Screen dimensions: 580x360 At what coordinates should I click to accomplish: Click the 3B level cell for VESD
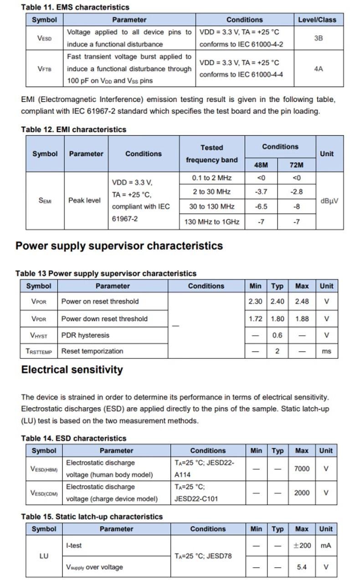[318, 38]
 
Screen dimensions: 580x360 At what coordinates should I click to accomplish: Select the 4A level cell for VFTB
[318, 69]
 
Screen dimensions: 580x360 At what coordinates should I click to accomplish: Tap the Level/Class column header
[317, 20]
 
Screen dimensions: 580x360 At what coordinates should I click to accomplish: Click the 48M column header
[260, 165]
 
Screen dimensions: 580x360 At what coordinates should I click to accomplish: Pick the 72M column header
[296, 165]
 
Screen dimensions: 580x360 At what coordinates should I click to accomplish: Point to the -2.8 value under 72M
[296, 192]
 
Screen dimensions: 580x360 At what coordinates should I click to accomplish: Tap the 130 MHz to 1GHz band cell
[212, 222]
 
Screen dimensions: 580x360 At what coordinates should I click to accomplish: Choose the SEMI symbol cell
[45, 200]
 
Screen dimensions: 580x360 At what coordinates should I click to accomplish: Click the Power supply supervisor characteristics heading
[119, 246]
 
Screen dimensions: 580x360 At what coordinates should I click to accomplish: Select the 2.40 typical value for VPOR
[277, 301]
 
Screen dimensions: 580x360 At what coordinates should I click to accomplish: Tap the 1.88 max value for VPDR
[302, 319]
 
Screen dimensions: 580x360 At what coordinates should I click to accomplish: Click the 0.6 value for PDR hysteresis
[277, 335]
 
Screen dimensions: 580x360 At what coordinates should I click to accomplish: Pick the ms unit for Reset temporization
[326, 351]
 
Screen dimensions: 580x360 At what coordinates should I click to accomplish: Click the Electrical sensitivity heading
[72, 369]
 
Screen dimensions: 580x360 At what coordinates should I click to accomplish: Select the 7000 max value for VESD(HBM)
[302, 468]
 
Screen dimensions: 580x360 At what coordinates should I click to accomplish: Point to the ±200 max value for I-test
[302, 545]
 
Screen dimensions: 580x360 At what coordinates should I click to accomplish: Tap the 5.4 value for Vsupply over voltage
[302, 567]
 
